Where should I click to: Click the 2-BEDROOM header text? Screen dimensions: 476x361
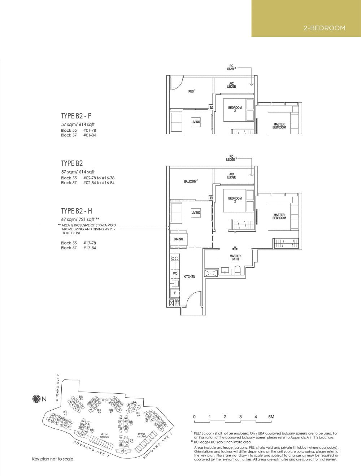pyautogui.click(x=325, y=28)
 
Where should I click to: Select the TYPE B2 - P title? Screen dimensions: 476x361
pyautogui.click(x=76, y=116)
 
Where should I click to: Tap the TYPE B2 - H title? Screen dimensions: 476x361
pyautogui.click(x=77, y=211)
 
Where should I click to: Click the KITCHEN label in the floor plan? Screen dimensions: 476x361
pyautogui.click(x=189, y=277)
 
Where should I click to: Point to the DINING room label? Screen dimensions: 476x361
pyautogui.click(x=178, y=239)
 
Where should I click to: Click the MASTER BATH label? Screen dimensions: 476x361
pyautogui.click(x=235, y=257)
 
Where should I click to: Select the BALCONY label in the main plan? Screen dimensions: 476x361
pyautogui.click(x=191, y=181)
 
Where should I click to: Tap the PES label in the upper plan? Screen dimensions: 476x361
pyautogui.click(x=192, y=91)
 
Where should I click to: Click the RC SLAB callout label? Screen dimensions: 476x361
pyautogui.click(x=231, y=67)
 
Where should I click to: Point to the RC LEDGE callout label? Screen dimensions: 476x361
pyautogui.click(x=231, y=158)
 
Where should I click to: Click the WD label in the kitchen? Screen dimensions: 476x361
pyautogui.click(x=175, y=274)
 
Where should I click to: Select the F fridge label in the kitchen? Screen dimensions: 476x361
pyautogui.click(x=175, y=293)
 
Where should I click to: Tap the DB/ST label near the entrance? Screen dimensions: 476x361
pyautogui.click(x=177, y=302)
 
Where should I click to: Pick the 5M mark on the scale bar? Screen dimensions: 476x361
pyautogui.click(x=271, y=417)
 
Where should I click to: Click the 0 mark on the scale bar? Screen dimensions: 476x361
pyautogui.click(x=194, y=417)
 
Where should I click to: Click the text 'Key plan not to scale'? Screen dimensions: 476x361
pyautogui.click(x=52, y=459)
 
